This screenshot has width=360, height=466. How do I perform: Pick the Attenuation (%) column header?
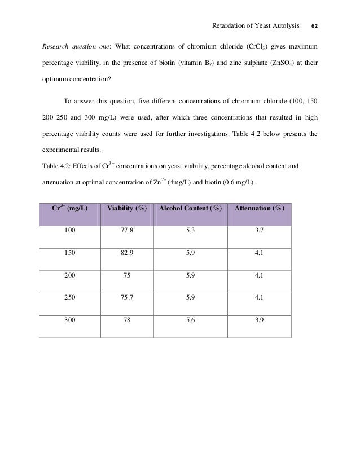click(260, 209)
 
